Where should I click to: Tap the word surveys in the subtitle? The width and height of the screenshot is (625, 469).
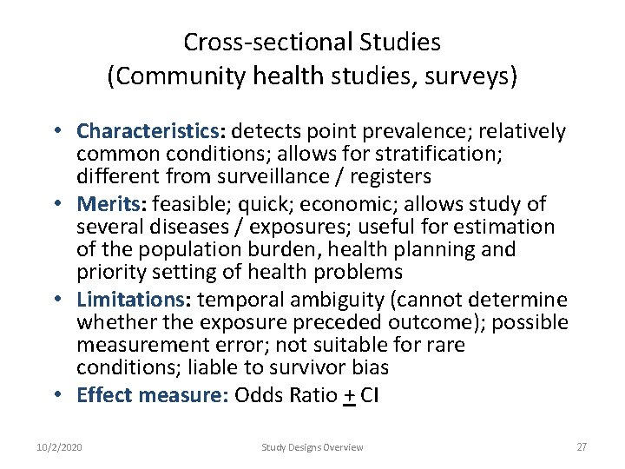click(474, 76)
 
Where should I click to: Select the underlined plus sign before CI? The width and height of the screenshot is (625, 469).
click(349, 396)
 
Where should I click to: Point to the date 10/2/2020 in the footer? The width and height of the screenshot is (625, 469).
click(60, 447)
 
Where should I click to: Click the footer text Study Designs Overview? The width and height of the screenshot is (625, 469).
click(312, 447)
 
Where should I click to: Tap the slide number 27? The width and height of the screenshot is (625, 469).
click(582, 447)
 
